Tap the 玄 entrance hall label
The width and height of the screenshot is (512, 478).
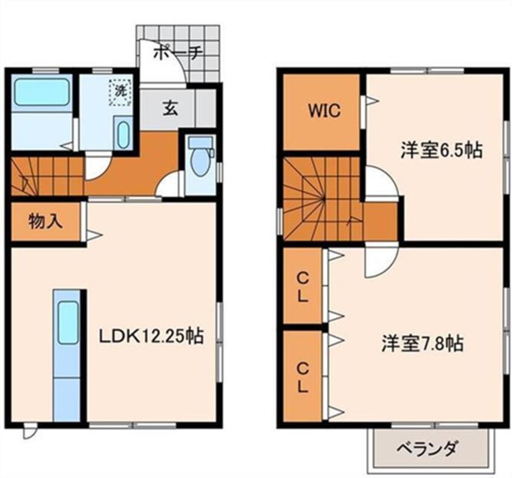coord(171,108)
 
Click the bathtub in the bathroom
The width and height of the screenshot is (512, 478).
coord(42,92)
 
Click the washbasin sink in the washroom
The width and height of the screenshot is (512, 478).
coord(123,134)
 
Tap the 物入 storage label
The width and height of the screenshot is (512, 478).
coord(45,221)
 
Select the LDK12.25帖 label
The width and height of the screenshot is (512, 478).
coord(151,336)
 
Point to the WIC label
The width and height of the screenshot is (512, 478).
coord(324,111)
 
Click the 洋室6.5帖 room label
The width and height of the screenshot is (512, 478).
coord(441,150)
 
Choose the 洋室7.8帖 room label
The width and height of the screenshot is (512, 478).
coord(422,343)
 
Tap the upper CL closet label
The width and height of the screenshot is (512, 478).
coord(303,287)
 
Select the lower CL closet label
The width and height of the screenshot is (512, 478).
coord(303,378)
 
